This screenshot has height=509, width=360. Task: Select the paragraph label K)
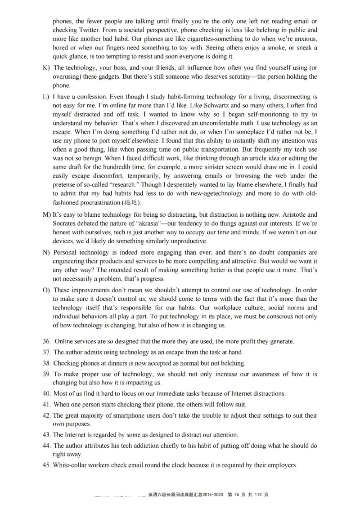[x=46, y=68]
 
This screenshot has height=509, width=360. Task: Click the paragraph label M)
[x=47, y=215]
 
